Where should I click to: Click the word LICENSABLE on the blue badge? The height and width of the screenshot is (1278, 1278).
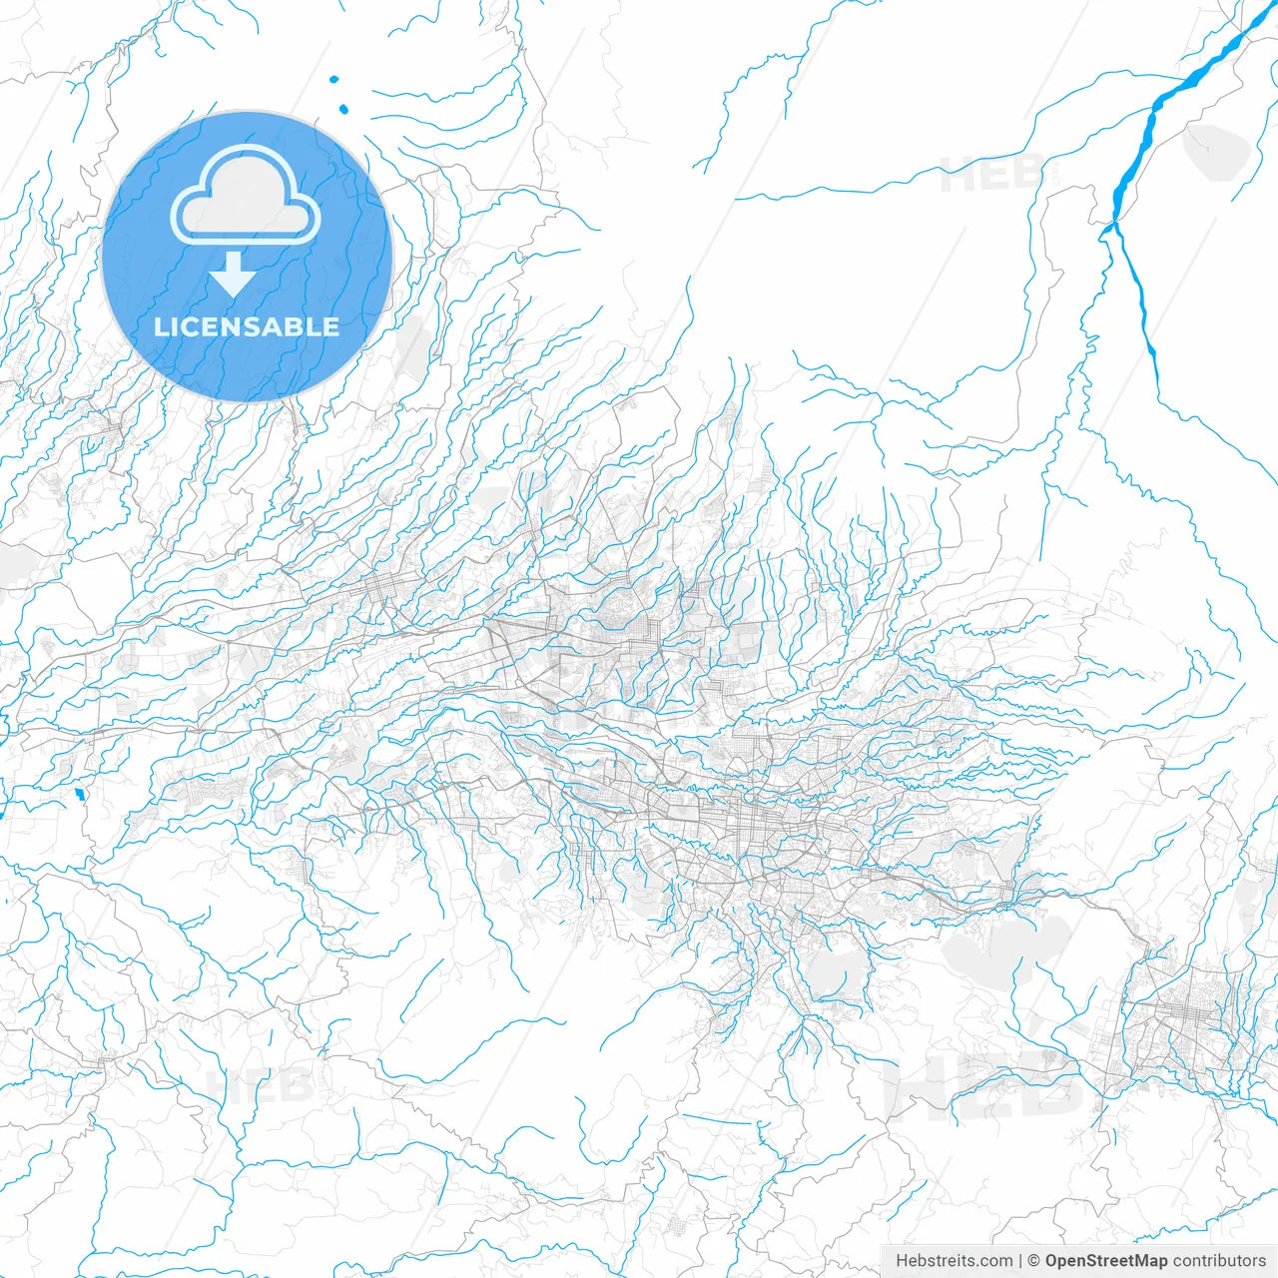[x=247, y=327]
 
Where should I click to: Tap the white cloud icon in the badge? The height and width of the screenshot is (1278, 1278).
[x=246, y=197]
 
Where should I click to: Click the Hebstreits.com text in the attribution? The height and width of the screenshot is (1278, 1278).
[x=954, y=1261]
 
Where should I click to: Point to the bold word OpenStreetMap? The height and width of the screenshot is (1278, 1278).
[x=1105, y=1261]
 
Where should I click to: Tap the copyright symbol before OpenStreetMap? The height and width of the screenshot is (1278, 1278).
[x=1034, y=1261]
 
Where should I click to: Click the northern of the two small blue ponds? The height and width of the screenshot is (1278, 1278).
[x=333, y=80]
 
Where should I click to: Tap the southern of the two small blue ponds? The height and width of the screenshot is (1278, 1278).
[x=343, y=109]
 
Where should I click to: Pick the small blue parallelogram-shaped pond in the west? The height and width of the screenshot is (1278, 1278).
[x=78, y=795]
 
